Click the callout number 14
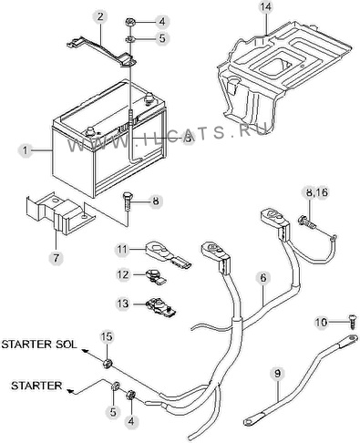coord(265,7)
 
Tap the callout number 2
coord(100,16)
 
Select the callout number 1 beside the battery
coord(26,150)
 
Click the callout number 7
coord(57,258)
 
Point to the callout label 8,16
coord(315,192)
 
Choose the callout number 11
coord(122,250)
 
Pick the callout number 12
coord(123,274)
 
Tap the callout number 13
coord(123,304)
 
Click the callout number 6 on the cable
coord(263,278)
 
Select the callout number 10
coord(321,322)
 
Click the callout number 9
coord(278,374)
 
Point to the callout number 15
coord(107,336)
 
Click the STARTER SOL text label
coord(39,345)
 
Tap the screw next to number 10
coord(353,322)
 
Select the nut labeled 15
coord(108,363)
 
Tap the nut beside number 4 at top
coord(129,22)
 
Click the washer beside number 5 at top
coord(130,39)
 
